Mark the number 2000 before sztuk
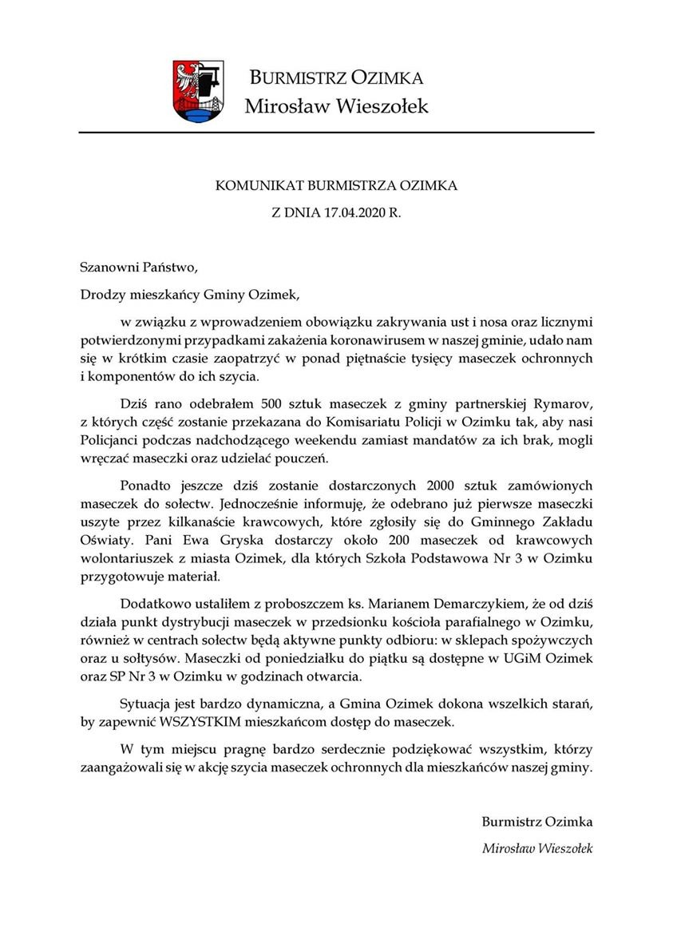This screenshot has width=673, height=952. [x=444, y=486]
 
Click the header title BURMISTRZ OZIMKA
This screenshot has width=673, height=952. [x=336, y=77]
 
